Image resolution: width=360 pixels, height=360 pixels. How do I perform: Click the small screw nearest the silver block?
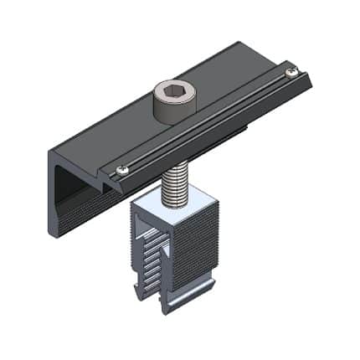123,170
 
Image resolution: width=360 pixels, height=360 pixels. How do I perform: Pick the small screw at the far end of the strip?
291,73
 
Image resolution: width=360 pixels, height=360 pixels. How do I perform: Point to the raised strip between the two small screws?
209,121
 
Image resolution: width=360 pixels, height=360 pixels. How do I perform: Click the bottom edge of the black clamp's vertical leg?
57,233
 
